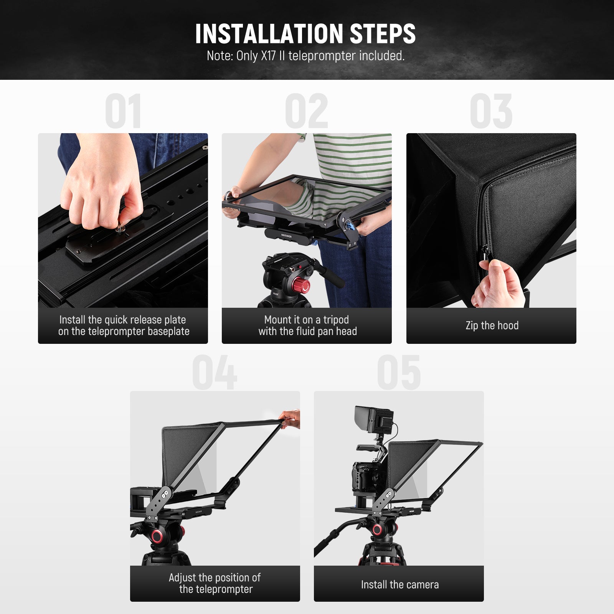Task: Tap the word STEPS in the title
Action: [x=383, y=34]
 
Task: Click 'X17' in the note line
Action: [x=268, y=56]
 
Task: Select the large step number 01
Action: [x=123, y=111]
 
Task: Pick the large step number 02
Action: [x=307, y=111]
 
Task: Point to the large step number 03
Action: [x=491, y=111]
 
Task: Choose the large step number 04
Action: [x=215, y=372]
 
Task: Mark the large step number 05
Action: [x=399, y=372]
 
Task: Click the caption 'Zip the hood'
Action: [x=492, y=325]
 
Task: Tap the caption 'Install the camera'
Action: [x=399, y=584]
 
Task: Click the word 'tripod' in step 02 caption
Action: [x=336, y=320]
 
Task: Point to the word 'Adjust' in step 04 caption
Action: [x=182, y=578]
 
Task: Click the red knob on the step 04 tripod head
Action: [x=157, y=536]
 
